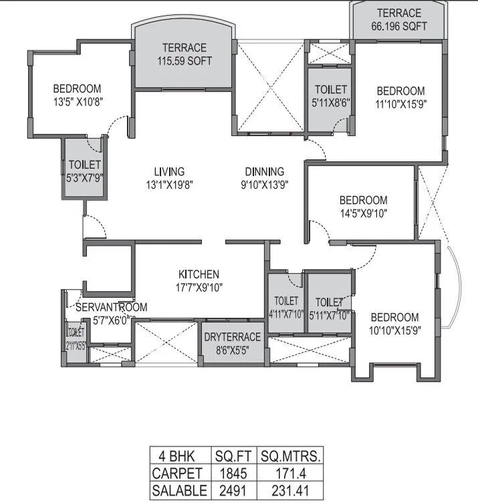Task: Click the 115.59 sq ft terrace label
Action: pos(184,54)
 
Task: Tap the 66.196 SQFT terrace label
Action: pos(398,20)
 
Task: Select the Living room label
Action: pos(168,178)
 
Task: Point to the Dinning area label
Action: pos(264,178)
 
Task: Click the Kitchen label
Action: pos(199,280)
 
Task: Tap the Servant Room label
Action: pos(110,313)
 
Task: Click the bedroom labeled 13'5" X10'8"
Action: pos(77,95)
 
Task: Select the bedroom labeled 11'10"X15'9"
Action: pos(400,98)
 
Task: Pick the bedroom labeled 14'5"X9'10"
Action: pos(362,207)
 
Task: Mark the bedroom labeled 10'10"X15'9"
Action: pos(394,324)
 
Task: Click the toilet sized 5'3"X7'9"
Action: pos(84,171)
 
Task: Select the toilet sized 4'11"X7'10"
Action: pos(286,308)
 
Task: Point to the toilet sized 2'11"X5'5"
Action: pos(76,339)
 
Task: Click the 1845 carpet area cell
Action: pos(234,474)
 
